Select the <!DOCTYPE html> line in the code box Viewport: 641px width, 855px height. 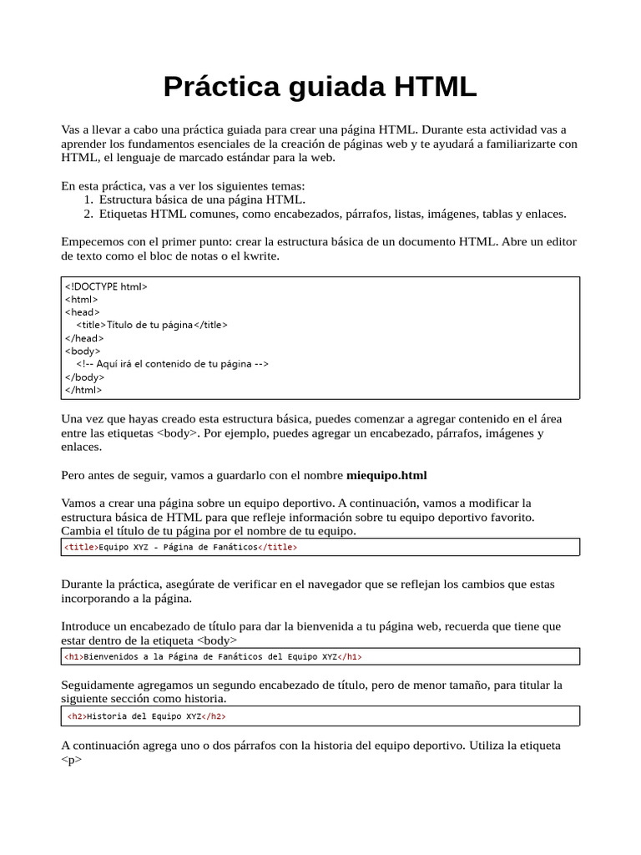pyautogui.click(x=106, y=286)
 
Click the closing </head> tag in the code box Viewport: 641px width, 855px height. pyautogui.click(x=84, y=338)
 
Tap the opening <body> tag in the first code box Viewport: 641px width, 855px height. pyautogui.click(x=82, y=352)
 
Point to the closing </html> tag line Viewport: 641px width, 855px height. pyautogui.click(x=83, y=390)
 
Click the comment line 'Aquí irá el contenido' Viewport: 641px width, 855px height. pyautogui.click(x=172, y=364)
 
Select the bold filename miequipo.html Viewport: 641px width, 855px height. pyautogui.click(x=386, y=476)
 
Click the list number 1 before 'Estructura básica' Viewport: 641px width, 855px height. pyautogui.click(x=88, y=200)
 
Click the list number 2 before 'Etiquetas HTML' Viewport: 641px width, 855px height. pyautogui.click(x=88, y=214)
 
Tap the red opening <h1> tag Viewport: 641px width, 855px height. pyautogui.click(x=74, y=657)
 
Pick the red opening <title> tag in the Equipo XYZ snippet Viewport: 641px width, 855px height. pyautogui.click(x=81, y=548)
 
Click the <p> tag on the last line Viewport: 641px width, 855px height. pyautogui.click(x=72, y=760)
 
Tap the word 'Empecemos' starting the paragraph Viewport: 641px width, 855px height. pyautogui.click(x=93, y=241)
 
